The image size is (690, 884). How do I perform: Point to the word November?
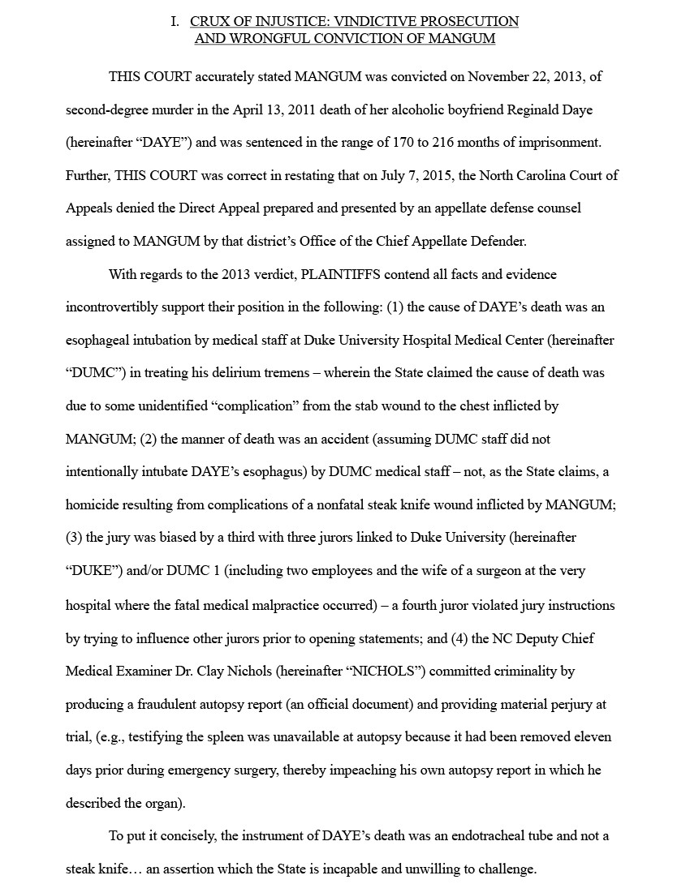pos(498,77)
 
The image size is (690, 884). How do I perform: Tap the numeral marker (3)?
pos(74,537)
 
